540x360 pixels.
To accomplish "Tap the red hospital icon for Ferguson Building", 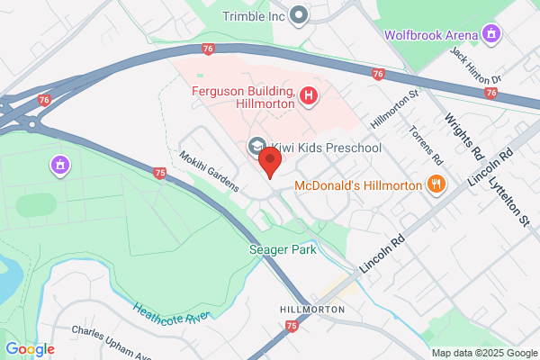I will pyautogui.click(x=309, y=94).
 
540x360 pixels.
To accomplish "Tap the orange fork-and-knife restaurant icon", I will pyautogui.click(x=436, y=184).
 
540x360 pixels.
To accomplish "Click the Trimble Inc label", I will pyautogui.click(x=256, y=14).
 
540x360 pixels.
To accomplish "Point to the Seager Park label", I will pyautogui.click(x=283, y=249).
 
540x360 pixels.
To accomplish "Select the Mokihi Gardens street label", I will pyautogui.click(x=208, y=172).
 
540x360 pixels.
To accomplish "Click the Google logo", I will pyautogui.click(x=30, y=348).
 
